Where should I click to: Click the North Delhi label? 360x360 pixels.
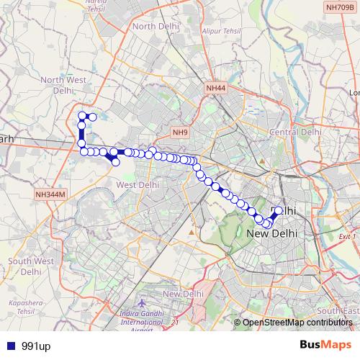[x=154, y=27]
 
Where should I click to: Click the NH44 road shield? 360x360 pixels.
[x=215, y=88]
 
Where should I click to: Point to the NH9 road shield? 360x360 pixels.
[x=179, y=132]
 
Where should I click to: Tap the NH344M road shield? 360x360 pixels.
[x=49, y=194]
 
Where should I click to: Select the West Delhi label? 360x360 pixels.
[x=137, y=184]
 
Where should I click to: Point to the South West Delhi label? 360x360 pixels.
[x=31, y=266]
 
